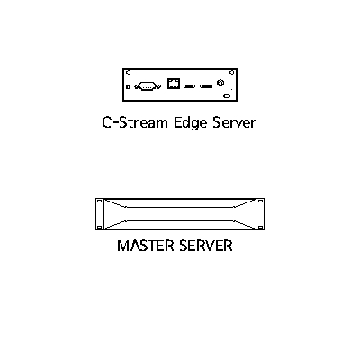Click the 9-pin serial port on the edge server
148,86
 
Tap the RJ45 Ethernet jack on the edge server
174,84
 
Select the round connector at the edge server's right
220,83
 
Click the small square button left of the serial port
129,87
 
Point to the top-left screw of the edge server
128,72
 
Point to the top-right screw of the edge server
231,72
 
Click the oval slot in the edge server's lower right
227,96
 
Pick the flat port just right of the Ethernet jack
189,86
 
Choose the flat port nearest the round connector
206,86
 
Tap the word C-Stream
135,122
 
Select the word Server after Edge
235,122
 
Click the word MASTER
146,246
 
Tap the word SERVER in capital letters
206,246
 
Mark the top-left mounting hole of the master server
100,202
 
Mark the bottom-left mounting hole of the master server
100,227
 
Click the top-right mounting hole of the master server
260,202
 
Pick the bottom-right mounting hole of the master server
260,227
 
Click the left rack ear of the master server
100,214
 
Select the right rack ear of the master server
260,214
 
